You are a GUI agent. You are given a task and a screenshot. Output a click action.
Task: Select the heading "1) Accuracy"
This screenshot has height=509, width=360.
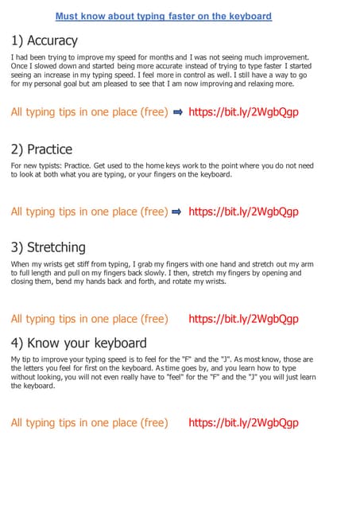(x=45, y=41)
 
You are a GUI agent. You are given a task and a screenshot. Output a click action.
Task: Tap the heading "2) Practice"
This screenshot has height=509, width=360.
(x=41, y=149)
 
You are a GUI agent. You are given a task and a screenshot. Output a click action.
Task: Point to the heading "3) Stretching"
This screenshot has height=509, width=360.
(x=48, y=247)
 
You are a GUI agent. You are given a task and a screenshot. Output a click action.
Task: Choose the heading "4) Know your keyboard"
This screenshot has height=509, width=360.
(x=79, y=343)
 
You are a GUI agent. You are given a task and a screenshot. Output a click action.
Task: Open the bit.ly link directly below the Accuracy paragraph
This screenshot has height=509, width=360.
(x=243, y=112)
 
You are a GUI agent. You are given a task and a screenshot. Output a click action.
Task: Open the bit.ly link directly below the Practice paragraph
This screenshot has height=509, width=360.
(x=243, y=212)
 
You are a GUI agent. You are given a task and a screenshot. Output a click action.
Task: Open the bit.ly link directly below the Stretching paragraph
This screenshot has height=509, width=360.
(x=243, y=319)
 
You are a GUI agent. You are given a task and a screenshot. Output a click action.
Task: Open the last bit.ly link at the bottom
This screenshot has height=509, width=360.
(x=243, y=422)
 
